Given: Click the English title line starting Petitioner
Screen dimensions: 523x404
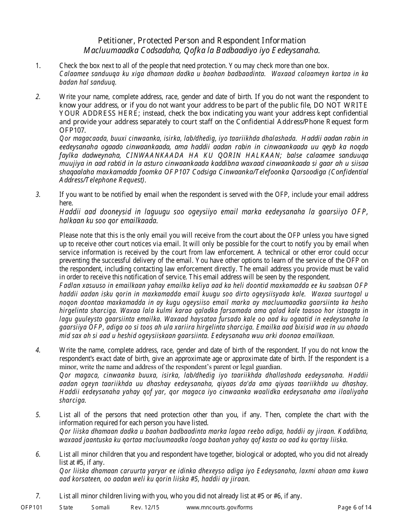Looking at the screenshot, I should click(202, 40).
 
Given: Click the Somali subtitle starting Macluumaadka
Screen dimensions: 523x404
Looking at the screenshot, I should click(202, 51).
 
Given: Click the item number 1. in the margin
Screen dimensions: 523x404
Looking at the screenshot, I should click(38, 65).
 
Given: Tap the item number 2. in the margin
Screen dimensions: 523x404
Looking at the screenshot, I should click(38, 97).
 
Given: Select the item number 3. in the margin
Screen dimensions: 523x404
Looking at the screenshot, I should click(38, 195).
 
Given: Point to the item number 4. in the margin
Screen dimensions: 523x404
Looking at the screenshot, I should click(38, 350).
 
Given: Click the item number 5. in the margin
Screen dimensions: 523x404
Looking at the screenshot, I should click(38, 415).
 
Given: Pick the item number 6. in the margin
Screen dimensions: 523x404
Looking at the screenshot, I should click(38, 455).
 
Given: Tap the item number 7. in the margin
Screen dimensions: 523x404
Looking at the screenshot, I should click(38, 496).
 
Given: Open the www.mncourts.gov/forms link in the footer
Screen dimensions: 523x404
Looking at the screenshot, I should click(220, 507).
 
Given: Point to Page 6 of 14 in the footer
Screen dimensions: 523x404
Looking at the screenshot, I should click(354, 507).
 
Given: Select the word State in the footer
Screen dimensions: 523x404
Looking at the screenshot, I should click(66, 507).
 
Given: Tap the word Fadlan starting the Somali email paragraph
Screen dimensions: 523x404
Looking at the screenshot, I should click(68, 285).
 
